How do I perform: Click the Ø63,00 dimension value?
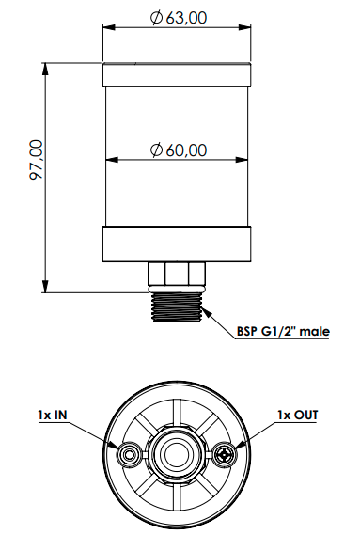pos(179,18)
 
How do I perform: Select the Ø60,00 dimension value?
pos(179,149)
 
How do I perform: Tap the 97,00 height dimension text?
pos(37,160)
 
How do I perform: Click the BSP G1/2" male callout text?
pos(283,331)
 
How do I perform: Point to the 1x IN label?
pos(53,415)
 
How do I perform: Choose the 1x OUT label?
pos(298,415)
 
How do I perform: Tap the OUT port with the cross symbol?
pos(225,455)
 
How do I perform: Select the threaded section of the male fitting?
pos(177,306)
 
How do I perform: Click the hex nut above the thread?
pos(177,274)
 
